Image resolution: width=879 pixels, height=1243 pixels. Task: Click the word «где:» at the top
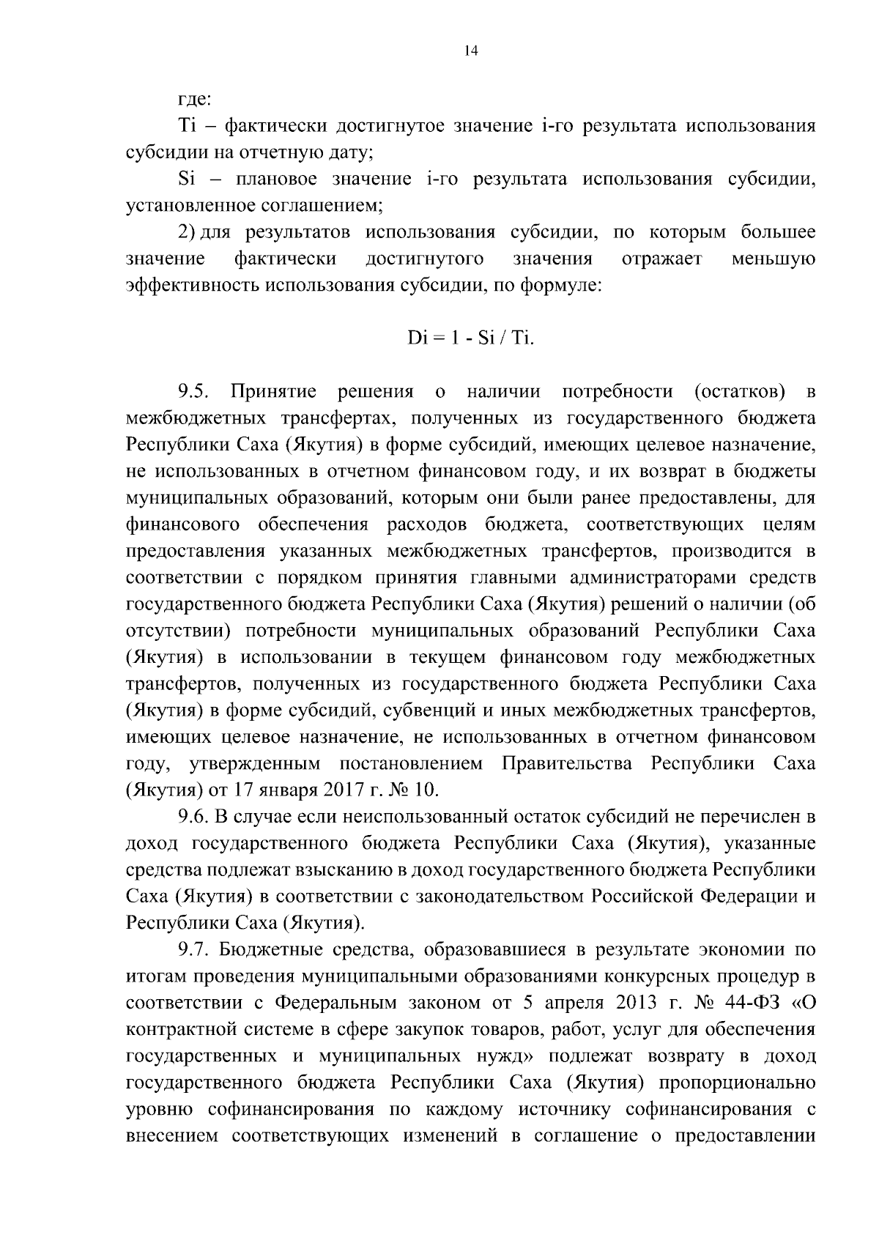[195, 99]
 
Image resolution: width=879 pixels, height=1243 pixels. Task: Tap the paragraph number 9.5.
[195, 392]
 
